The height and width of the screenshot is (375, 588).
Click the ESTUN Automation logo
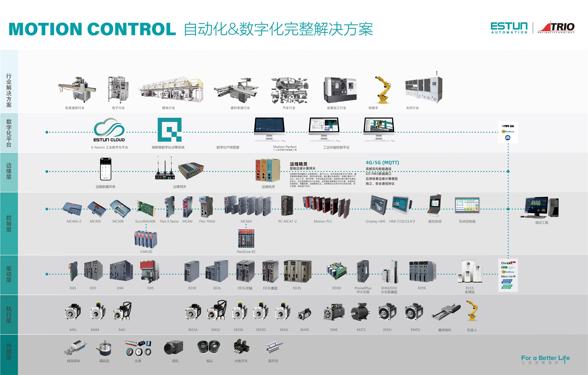[x=509, y=28]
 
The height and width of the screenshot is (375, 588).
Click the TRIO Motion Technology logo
[x=556, y=28]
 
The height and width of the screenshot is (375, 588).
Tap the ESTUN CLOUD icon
[x=109, y=130]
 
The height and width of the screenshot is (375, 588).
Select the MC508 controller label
[x=118, y=221]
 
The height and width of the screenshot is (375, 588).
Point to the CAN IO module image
[x=146, y=239]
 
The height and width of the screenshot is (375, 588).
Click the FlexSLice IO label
[x=246, y=252]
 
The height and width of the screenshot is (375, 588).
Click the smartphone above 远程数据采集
[x=106, y=169]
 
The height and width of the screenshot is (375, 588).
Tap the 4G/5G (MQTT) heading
[x=382, y=163]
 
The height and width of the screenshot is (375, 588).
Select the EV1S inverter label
[x=470, y=288]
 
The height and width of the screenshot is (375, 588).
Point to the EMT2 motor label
[x=361, y=330]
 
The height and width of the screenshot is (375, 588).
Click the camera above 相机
[x=173, y=348]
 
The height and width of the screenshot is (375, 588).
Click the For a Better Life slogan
[x=545, y=358]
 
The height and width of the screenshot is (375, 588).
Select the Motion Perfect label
[x=285, y=147]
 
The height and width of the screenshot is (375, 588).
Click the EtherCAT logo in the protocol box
[x=508, y=263]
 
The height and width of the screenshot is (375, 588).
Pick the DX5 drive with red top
[x=150, y=271]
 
